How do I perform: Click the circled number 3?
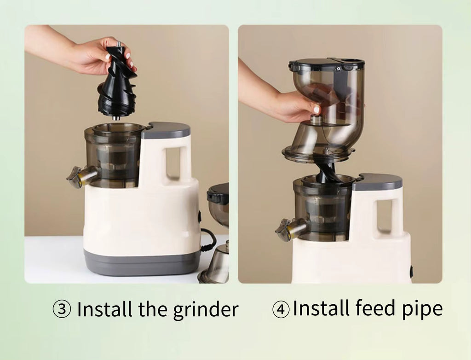click(62, 309)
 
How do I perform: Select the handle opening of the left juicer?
click(173, 163)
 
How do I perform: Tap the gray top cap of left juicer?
click(166, 130)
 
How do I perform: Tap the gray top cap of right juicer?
click(377, 182)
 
